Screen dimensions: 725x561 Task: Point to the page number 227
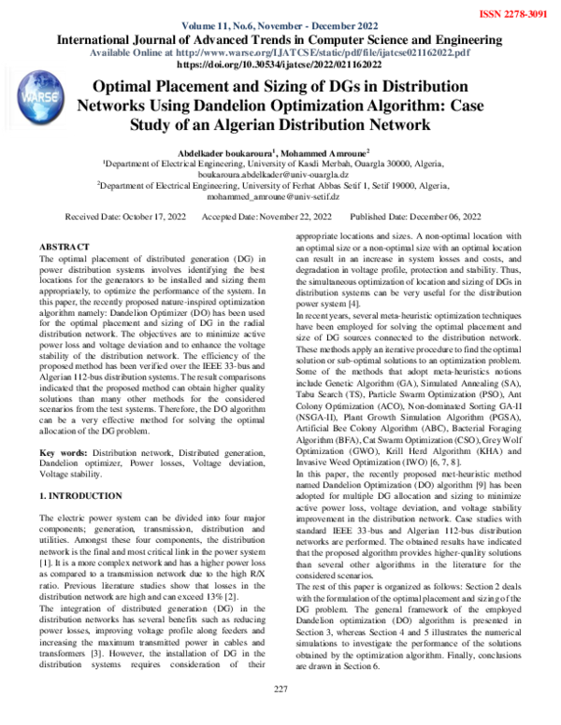point(280,715)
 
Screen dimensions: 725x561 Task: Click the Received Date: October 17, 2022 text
point(125,216)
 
